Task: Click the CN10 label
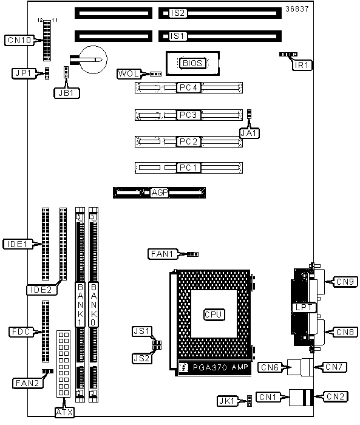pos(19,40)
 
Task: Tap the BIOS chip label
pos(192,63)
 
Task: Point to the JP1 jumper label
pos(24,73)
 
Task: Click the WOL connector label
pos(129,73)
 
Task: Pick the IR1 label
pos(302,66)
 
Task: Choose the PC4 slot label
pos(188,87)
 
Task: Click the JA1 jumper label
pos(250,133)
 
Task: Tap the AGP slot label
pos(160,192)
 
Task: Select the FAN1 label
pos(162,254)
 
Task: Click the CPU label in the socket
pos(214,314)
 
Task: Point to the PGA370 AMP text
pos(220,367)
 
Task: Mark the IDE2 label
pos(41,290)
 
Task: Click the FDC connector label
pos(21,331)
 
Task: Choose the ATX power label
pos(64,412)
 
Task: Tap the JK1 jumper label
pos(227,401)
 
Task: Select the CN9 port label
pos(345,282)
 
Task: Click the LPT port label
pos(304,307)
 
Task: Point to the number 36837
pos(297,9)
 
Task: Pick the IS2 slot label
pos(177,13)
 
